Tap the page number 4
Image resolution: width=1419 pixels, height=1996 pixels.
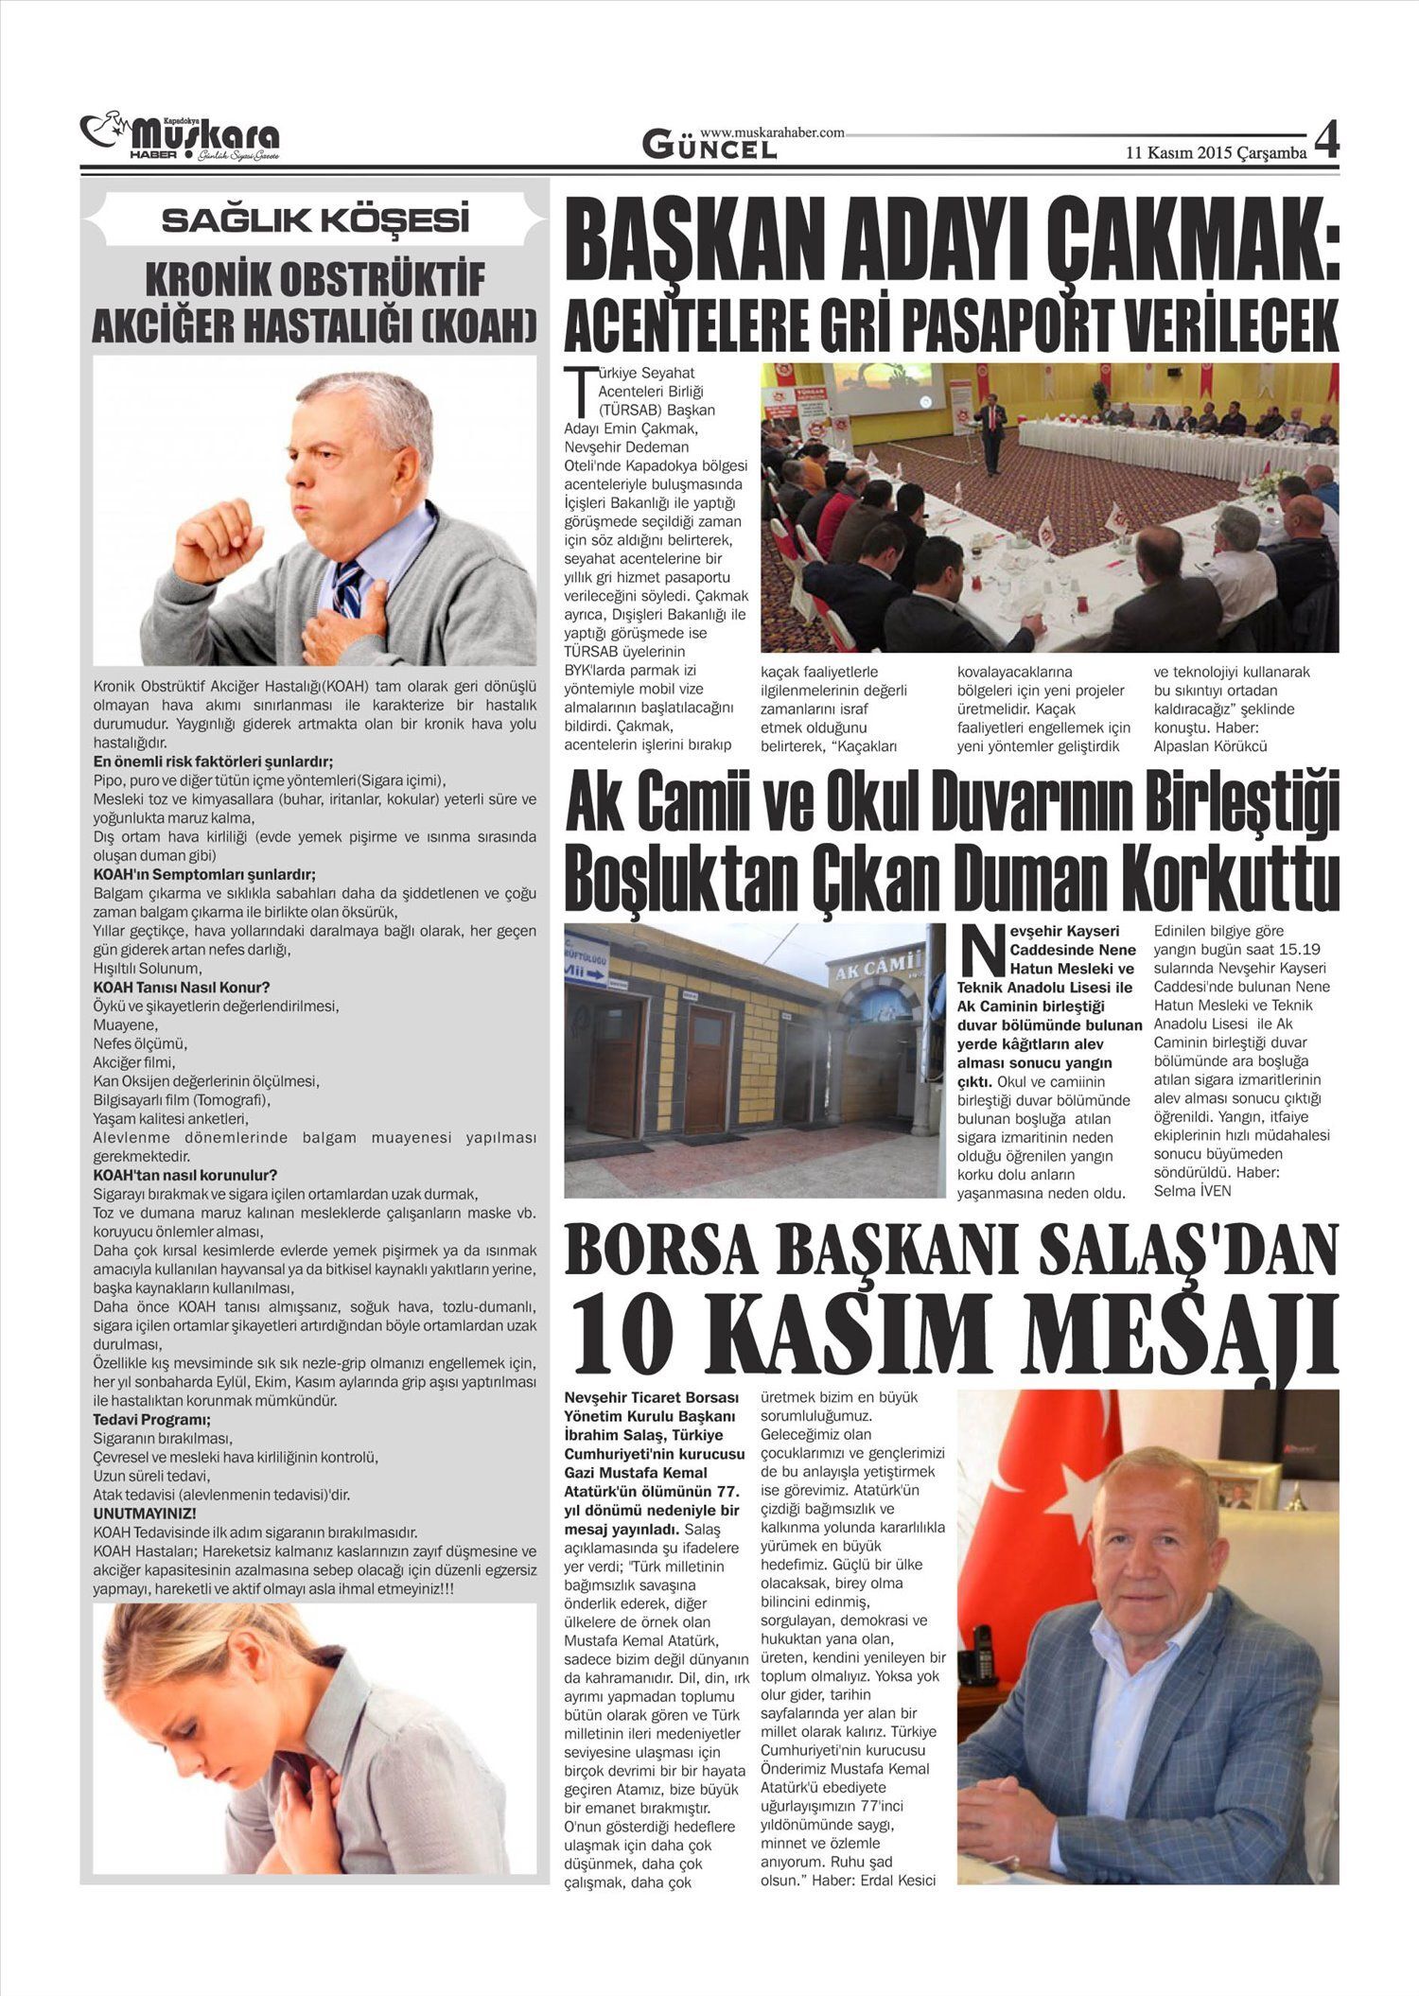(1326, 143)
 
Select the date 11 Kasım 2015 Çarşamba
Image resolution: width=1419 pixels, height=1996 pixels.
(1216, 152)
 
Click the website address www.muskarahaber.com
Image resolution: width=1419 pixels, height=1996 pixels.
(772, 133)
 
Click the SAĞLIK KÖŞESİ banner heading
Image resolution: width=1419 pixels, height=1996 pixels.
(315, 220)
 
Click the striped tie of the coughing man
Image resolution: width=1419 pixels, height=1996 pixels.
(349, 587)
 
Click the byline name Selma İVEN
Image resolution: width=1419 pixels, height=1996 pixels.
(1192, 1191)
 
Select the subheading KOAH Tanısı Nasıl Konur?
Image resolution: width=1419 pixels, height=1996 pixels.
(182, 988)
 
